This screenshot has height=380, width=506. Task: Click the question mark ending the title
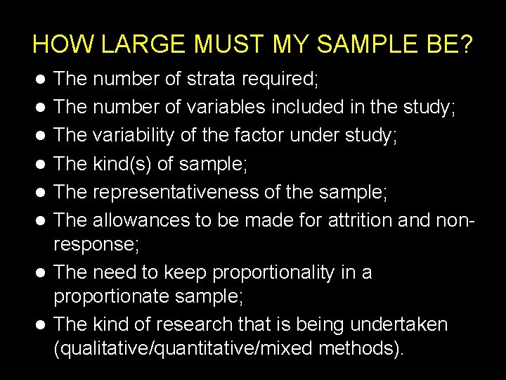click(467, 44)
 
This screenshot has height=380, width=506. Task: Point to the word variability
click(136, 135)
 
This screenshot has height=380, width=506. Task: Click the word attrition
click(351, 220)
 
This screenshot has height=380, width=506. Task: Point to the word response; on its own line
click(96, 245)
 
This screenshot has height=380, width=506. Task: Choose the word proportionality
click(273, 272)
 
